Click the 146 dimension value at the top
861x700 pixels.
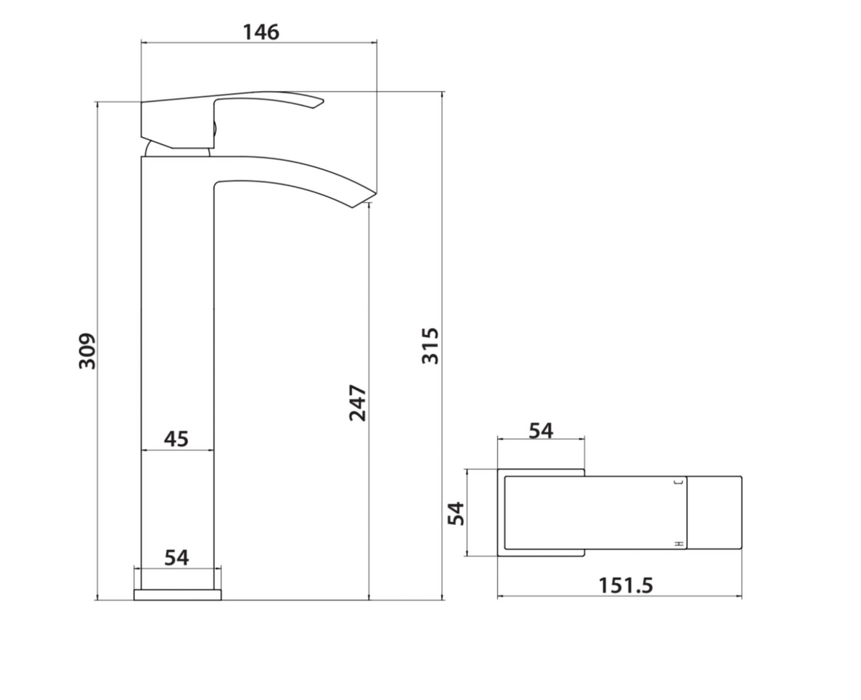tap(260, 32)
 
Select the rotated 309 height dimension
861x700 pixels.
tap(87, 351)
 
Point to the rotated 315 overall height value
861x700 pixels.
tap(430, 345)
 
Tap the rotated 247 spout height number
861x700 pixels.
tap(358, 403)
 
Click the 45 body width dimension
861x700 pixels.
tap(177, 438)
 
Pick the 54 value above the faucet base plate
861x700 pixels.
tap(177, 557)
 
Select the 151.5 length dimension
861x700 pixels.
tap(626, 585)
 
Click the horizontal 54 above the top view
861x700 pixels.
tap(541, 430)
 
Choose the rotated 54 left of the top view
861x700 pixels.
tap(456, 513)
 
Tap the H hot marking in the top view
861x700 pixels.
tap(678, 544)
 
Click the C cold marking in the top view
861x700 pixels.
tap(678, 484)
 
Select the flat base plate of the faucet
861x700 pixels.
tap(177, 595)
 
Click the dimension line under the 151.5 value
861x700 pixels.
tap(619, 597)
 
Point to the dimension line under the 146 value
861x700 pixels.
tap(258, 44)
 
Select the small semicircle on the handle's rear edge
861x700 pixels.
tap(214, 130)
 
